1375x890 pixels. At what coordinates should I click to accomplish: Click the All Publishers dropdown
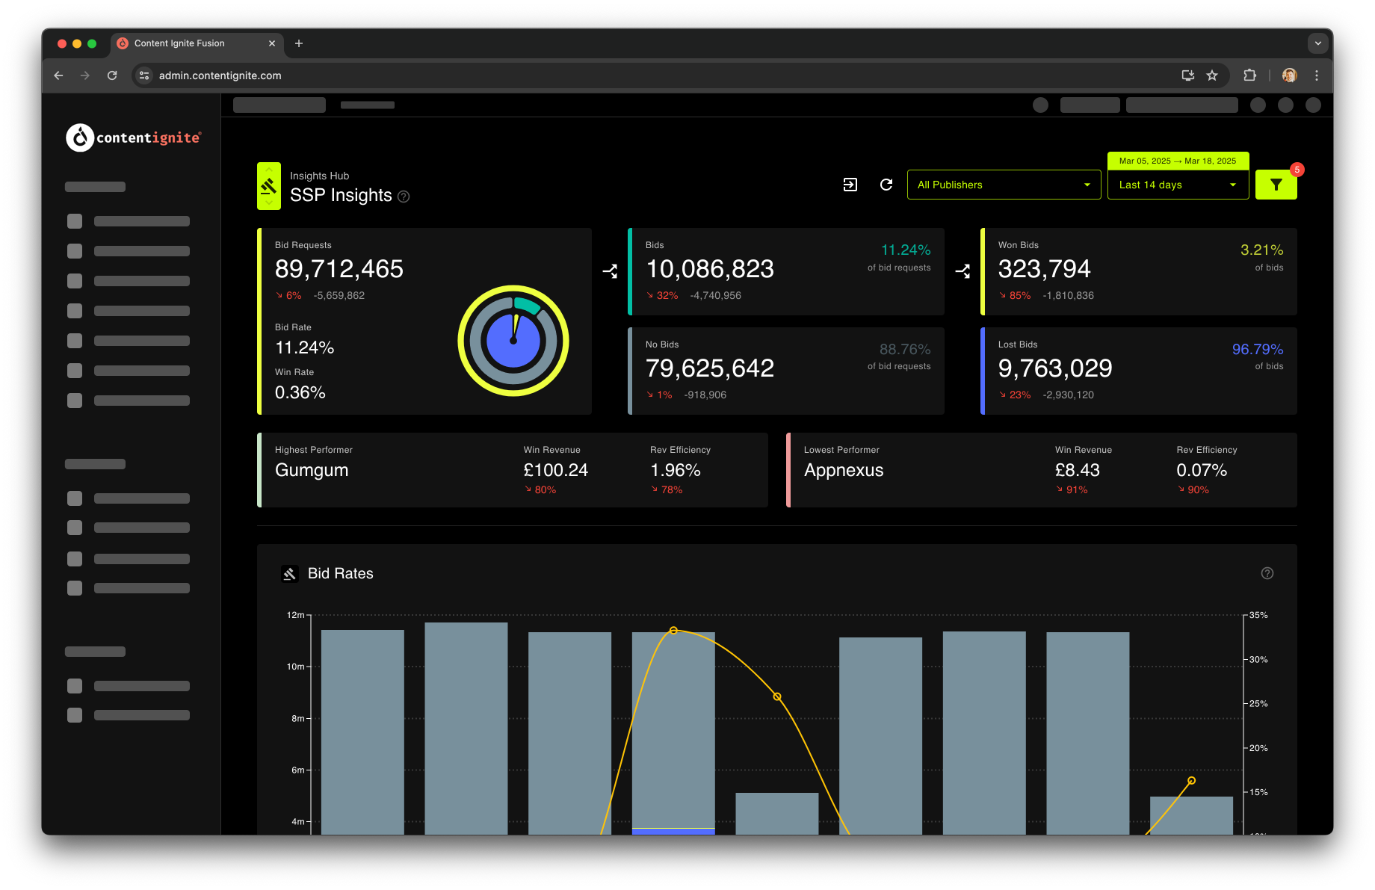tap(1004, 185)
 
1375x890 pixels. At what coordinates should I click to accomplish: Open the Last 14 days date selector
tap(1178, 185)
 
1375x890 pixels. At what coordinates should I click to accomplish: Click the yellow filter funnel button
tap(1276, 185)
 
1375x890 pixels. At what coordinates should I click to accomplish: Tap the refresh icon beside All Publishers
tap(886, 185)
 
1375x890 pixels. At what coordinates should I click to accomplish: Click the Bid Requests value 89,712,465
tap(339, 269)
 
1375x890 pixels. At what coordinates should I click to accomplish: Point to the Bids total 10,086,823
tap(710, 269)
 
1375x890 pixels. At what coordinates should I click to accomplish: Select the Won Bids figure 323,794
tap(1044, 269)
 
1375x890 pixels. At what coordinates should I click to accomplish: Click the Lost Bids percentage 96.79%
tap(1258, 349)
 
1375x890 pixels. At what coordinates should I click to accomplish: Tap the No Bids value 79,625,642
tap(710, 368)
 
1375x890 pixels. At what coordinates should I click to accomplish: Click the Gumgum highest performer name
tap(312, 470)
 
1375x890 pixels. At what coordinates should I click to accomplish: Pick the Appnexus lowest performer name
tap(844, 470)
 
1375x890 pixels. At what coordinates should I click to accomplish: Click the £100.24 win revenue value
tap(556, 470)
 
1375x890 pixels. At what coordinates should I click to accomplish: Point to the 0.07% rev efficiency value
tap(1202, 470)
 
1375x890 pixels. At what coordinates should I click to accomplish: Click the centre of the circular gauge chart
tap(513, 341)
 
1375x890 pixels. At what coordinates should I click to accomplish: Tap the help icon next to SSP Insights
tap(404, 197)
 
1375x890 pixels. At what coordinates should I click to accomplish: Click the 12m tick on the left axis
tap(296, 615)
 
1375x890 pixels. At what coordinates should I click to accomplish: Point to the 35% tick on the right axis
tap(1258, 615)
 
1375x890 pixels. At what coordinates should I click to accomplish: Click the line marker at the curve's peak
tap(673, 631)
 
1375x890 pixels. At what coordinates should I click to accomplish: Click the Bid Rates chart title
tap(341, 573)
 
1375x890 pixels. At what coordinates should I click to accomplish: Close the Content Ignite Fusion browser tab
tap(272, 43)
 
